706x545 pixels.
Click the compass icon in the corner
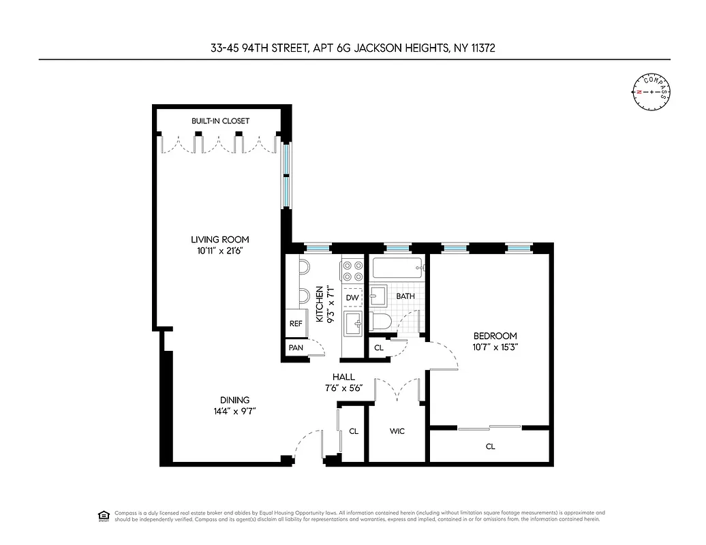[x=651, y=91]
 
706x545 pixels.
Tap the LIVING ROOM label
[x=219, y=239]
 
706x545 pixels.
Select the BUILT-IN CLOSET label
[x=220, y=121]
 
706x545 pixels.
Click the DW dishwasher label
[x=352, y=298]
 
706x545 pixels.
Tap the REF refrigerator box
[x=296, y=324]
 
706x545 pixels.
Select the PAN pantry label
[x=296, y=347]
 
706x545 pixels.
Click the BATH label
[x=405, y=296]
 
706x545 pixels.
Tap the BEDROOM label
[x=495, y=336]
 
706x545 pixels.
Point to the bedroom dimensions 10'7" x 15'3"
[x=495, y=347]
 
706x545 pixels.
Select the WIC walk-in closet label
[x=397, y=431]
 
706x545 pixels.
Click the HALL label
[x=343, y=377]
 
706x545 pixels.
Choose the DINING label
[x=234, y=400]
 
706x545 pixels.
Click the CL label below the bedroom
[x=490, y=447]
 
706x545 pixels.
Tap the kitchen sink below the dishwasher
[x=352, y=323]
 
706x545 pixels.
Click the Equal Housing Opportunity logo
[x=104, y=515]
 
